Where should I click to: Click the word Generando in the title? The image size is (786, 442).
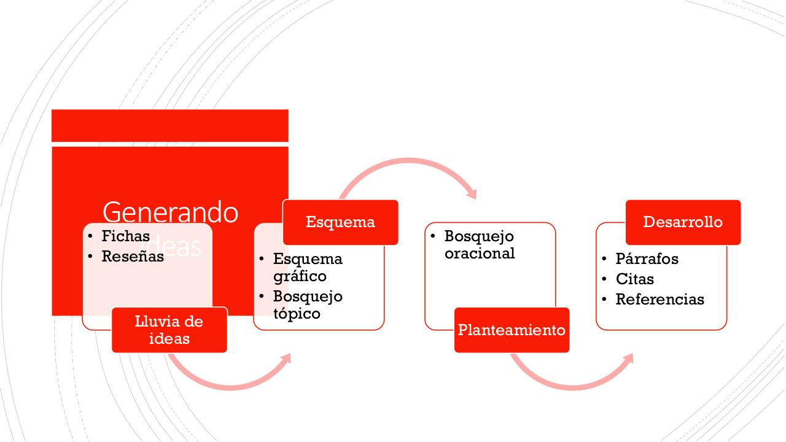(170, 212)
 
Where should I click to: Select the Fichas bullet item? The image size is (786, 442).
(125, 236)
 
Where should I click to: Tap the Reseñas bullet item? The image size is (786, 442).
(133, 257)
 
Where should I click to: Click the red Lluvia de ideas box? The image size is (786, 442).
(169, 330)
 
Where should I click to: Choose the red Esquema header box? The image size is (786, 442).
(340, 222)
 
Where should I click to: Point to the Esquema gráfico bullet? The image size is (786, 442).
(308, 267)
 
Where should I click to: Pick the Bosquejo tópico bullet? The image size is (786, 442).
(308, 304)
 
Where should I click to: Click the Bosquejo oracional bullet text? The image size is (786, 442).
(480, 244)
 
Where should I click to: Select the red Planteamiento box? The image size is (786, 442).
(512, 330)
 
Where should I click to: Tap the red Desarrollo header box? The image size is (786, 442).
(683, 222)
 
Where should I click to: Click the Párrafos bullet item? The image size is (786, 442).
(647, 259)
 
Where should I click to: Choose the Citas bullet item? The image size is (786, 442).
(635, 279)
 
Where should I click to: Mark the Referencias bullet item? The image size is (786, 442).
(660, 300)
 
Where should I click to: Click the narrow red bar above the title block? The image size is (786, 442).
(170, 125)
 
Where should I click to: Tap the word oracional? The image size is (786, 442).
(480, 254)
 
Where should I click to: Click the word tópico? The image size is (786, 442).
(297, 314)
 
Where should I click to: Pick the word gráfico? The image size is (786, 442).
(300, 276)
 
